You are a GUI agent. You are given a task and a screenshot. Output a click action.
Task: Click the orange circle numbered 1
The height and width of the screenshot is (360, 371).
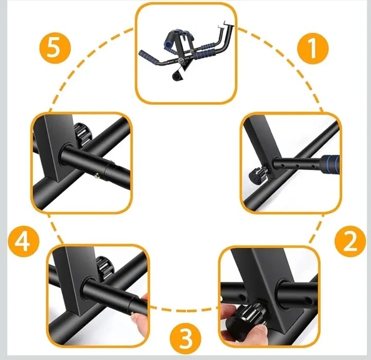coord(312,48)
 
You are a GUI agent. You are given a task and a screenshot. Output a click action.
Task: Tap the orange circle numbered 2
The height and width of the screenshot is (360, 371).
coord(350,241)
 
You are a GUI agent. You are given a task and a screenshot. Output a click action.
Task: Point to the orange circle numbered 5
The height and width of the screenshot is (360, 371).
coord(55,48)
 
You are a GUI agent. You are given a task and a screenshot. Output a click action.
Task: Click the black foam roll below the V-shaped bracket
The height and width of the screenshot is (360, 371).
coord(177,76)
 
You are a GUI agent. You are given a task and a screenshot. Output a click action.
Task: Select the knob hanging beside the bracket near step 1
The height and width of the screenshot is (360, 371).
coord(258,174)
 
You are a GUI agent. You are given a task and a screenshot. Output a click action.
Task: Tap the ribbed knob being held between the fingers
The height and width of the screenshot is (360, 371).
coord(250,313)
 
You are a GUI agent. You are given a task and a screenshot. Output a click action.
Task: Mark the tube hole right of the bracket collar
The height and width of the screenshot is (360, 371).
coord(308,300)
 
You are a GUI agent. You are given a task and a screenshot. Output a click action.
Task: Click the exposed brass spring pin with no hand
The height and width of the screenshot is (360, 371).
coord(97,175)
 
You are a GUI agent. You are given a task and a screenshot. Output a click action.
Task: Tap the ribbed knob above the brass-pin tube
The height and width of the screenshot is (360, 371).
coord(82,135)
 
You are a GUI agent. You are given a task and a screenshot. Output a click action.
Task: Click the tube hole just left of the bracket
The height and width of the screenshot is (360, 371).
coord(242,296)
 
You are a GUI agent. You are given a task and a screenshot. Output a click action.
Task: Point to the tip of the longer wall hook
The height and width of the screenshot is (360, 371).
coord(224,23)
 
